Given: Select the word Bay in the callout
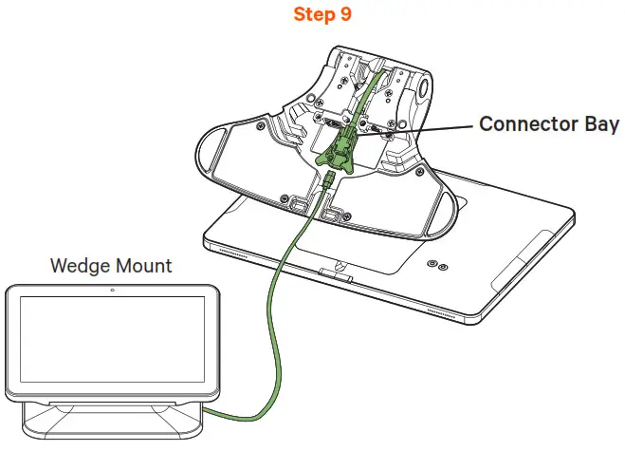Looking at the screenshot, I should [599, 124].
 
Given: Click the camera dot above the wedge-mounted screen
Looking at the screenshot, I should [112, 288].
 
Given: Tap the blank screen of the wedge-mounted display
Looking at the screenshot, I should [112, 341].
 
